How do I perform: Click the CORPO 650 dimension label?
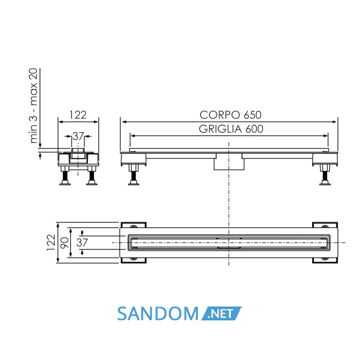230,115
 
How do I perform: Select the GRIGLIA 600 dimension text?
231,129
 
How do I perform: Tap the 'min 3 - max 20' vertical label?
33,106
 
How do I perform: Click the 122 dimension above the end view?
78,115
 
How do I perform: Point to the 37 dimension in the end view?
78,136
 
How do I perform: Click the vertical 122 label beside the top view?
51,242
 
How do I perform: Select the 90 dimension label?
64,243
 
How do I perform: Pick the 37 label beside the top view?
82,243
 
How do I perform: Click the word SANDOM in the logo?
158,314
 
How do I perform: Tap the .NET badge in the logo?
221,313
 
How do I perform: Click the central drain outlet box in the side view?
229,162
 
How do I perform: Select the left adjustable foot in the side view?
134,174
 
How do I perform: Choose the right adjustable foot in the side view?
325,174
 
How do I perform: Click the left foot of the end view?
65,175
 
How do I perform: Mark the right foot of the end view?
92,175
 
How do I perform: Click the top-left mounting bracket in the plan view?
134,225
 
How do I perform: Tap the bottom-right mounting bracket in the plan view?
325,260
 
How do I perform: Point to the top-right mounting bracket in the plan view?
325,225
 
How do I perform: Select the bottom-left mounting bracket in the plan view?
134,260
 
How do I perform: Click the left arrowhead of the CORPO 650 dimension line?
124,122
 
